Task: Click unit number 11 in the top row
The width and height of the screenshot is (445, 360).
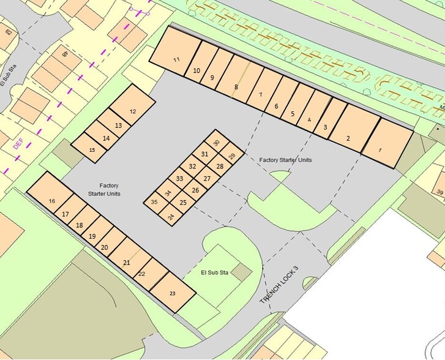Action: (177, 59)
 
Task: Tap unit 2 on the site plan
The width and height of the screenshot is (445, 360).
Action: (348, 138)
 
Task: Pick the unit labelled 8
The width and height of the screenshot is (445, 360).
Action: (236, 87)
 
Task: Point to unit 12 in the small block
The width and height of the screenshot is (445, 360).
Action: (133, 111)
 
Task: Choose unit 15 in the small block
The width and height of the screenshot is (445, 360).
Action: (92, 149)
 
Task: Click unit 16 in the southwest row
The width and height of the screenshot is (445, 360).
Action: (52, 201)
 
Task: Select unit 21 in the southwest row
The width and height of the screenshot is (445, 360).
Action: (127, 263)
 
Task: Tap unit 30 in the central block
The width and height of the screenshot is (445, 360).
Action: (216, 143)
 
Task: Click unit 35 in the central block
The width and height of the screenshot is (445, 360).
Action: (154, 201)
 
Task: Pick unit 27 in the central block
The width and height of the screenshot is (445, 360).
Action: (207, 178)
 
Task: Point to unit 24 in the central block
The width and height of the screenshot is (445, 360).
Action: (171, 217)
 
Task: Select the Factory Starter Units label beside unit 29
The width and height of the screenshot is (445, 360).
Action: (285, 160)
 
